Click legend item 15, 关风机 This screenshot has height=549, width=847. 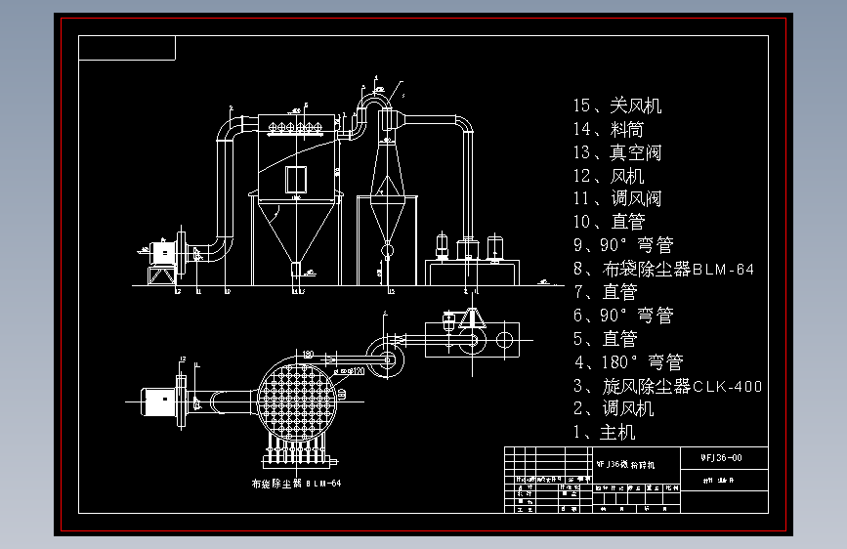(617, 106)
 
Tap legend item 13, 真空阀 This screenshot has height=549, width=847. (617, 152)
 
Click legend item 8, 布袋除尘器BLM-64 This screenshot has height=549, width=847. (664, 269)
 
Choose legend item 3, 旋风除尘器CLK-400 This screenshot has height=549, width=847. (667, 386)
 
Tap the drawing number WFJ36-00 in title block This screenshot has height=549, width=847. (722, 457)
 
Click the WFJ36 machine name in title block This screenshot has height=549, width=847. (626, 464)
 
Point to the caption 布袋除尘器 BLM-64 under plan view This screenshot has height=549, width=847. (296, 484)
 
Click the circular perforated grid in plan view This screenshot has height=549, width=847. (301, 401)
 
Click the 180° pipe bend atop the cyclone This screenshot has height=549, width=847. (372, 96)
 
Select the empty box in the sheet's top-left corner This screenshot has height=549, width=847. (127, 48)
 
